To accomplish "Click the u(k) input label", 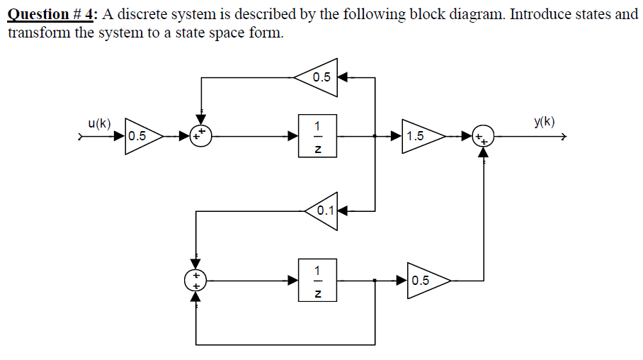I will [98, 123].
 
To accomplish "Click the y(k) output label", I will [544, 121].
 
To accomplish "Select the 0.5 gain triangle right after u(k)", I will [142, 136].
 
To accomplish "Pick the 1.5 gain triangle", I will [420, 136].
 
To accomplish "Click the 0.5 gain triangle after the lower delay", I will [426, 280].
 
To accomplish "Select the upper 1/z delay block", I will [318, 136].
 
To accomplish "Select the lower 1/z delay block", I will [318, 281].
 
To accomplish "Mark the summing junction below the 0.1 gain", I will [196, 280].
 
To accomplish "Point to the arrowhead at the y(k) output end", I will [563, 137].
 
